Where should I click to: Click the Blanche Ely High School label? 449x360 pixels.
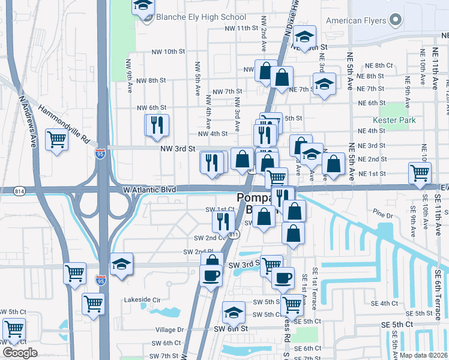[x=200, y=17]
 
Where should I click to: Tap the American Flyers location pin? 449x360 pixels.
[x=395, y=21]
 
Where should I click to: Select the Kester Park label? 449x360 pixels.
[x=394, y=120]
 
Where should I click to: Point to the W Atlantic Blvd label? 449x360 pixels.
[x=149, y=189]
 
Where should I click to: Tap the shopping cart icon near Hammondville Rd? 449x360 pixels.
[x=57, y=140]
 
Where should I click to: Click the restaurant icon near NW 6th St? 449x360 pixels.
[x=157, y=125]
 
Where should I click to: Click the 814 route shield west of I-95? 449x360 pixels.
[x=20, y=190]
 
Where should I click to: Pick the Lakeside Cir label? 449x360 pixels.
[x=141, y=299]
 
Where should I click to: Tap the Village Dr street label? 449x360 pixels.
[x=169, y=329]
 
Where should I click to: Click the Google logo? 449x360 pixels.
[x=20, y=353]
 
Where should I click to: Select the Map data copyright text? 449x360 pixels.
[x=424, y=355]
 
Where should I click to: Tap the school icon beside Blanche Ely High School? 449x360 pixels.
[x=142, y=7]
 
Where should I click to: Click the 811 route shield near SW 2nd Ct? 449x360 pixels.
[x=234, y=233]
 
